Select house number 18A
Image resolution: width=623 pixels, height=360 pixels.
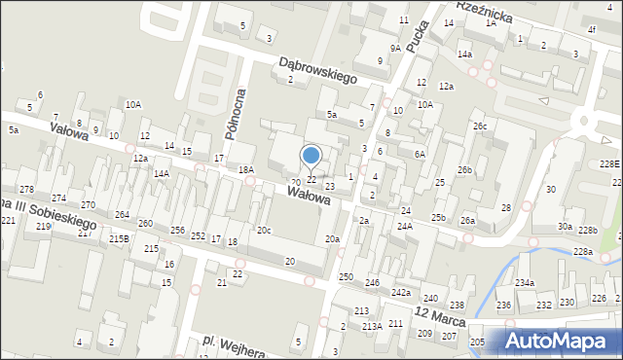pos(246,169)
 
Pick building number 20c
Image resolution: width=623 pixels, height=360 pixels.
pos(264,231)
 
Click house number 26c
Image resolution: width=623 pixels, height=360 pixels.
pos(479,126)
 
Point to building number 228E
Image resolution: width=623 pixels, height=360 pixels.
pos(610,163)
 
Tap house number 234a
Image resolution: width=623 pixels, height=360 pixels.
pos(525,282)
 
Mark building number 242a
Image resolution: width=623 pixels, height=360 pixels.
pos(401,292)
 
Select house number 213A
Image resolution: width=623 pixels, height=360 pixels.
pos(373,326)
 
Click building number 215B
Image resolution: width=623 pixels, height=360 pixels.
pos(119,238)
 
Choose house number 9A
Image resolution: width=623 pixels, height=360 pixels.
pos(395,48)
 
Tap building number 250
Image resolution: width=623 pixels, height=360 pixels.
pos(346,277)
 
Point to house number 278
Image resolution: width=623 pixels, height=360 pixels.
pos(26,189)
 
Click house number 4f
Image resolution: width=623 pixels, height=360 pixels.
pos(592,30)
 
